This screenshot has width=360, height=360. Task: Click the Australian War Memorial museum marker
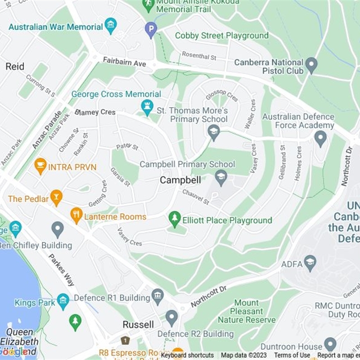point(110,26)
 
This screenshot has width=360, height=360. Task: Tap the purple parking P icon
point(151,30)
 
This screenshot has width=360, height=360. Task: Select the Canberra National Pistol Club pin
point(311,66)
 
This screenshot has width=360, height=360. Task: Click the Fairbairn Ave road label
point(124,62)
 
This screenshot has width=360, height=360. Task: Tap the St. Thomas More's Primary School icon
point(213,132)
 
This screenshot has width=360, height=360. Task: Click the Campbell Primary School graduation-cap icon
point(220,177)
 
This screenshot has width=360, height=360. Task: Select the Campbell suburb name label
point(180,180)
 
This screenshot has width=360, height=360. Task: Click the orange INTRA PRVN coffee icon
point(40,166)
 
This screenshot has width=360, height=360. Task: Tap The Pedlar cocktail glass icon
point(56,198)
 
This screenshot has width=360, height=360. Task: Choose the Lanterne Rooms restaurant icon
point(77,216)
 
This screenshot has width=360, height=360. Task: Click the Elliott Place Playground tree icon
point(175,219)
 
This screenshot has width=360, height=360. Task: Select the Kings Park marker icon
point(63,301)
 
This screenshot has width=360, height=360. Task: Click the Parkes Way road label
point(61,270)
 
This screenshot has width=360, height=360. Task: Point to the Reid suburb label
point(15,67)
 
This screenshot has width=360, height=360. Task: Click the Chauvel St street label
point(196,197)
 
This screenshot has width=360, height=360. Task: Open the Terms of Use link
point(292,355)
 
